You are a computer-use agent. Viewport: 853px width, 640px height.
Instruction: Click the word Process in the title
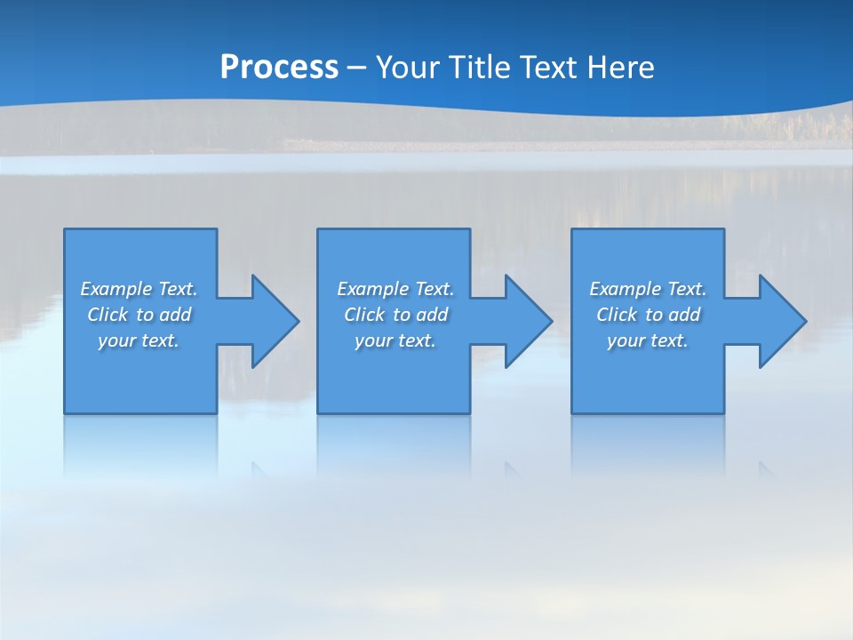[x=279, y=68]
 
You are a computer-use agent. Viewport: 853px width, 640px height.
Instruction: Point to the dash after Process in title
[x=357, y=68]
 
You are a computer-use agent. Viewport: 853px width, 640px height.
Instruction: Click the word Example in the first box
[x=116, y=289]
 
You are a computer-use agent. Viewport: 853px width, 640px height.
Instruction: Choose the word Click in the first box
[x=108, y=315]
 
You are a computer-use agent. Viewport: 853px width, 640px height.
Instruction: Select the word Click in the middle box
[x=364, y=315]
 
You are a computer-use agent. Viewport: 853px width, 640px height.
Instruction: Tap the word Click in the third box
[x=617, y=315]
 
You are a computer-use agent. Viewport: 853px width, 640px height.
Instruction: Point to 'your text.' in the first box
[x=139, y=340]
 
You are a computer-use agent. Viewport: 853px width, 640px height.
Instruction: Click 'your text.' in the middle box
[x=395, y=340]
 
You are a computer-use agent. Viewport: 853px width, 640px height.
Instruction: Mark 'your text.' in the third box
[x=648, y=340]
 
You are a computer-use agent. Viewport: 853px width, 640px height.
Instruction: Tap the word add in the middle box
[x=432, y=315]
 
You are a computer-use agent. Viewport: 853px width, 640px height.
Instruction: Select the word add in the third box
[x=684, y=315]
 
